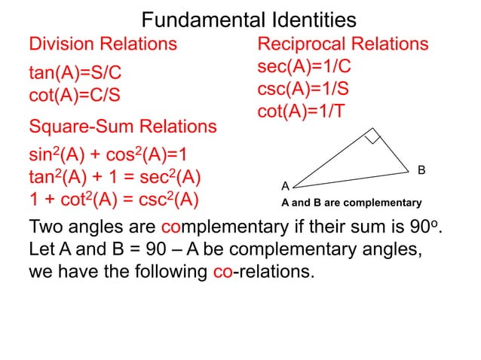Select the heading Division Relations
pyautogui.click(x=103, y=43)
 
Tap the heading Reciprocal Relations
pyautogui.click(x=343, y=43)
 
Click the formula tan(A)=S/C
pyautogui.click(x=75, y=74)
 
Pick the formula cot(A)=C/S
pyautogui.click(x=74, y=96)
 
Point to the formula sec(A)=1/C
pyautogui.click(x=304, y=66)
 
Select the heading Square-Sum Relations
pyautogui.click(x=122, y=127)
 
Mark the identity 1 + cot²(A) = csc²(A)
pyautogui.click(x=113, y=201)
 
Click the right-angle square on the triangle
pyautogui.click(x=372, y=136)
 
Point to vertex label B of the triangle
pyautogui.click(x=422, y=171)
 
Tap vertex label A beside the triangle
pyautogui.click(x=285, y=185)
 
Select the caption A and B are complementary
pyautogui.click(x=351, y=203)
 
